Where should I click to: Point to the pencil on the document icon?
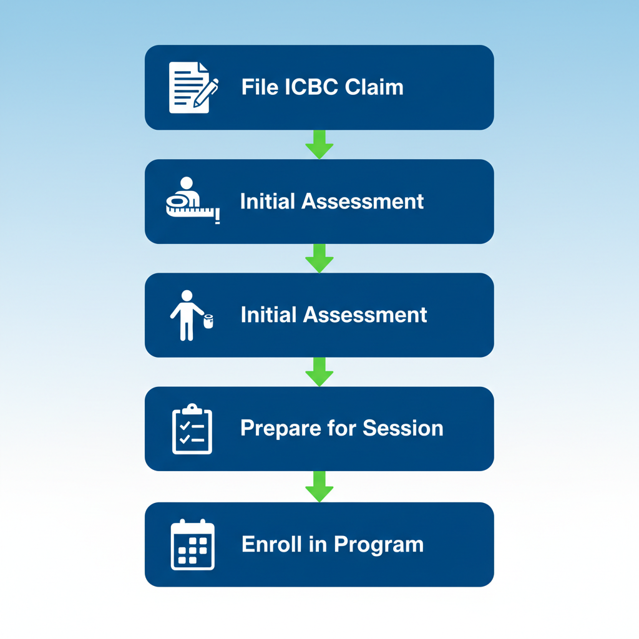207,92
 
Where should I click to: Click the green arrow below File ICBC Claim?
319,145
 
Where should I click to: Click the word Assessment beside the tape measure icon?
364,201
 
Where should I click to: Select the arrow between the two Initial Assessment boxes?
319,258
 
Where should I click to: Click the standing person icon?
185,315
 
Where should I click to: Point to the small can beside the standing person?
208,321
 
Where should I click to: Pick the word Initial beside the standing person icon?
268,315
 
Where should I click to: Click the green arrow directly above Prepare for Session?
319,372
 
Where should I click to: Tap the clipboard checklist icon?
192,429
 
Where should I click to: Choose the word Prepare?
280,429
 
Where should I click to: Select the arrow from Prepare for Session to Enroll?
319,487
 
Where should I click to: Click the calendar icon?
193,545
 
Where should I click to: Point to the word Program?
379,545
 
